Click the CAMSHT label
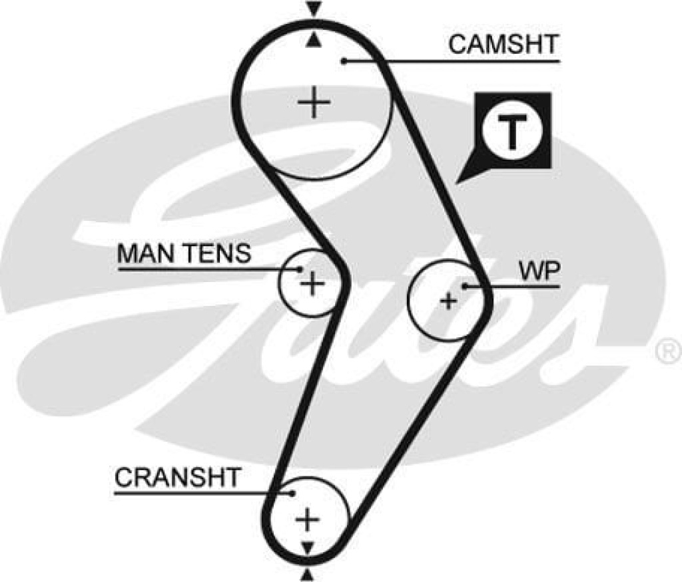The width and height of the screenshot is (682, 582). (x=503, y=45)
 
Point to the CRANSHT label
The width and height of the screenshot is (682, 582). (x=177, y=478)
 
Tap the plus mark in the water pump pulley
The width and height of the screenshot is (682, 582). (x=450, y=301)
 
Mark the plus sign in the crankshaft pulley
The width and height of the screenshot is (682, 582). (x=307, y=519)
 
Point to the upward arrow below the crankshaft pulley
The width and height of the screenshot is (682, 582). (x=307, y=573)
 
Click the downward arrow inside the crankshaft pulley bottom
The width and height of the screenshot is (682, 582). (x=307, y=547)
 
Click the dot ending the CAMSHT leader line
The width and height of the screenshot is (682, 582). (x=344, y=61)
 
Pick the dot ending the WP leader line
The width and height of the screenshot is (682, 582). (x=465, y=286)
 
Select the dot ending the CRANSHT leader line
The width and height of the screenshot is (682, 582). (x=293, y=493)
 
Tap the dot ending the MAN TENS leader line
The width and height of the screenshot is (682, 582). (x=300, y=269)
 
